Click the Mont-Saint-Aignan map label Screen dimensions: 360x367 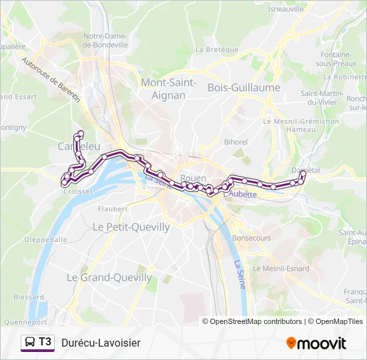tap(168, 89)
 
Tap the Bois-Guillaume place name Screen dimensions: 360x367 tap(244, 87)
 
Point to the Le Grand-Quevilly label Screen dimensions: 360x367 tap(109, 277)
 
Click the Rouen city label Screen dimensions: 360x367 tap(194, 178)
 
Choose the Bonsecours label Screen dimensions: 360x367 tap(251, 237)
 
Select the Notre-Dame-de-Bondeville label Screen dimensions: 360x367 tap(105, 40)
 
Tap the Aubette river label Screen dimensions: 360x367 tap(242, 194)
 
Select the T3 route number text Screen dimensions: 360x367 tap(45, 342)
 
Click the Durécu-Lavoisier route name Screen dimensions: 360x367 tap(101, 343)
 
